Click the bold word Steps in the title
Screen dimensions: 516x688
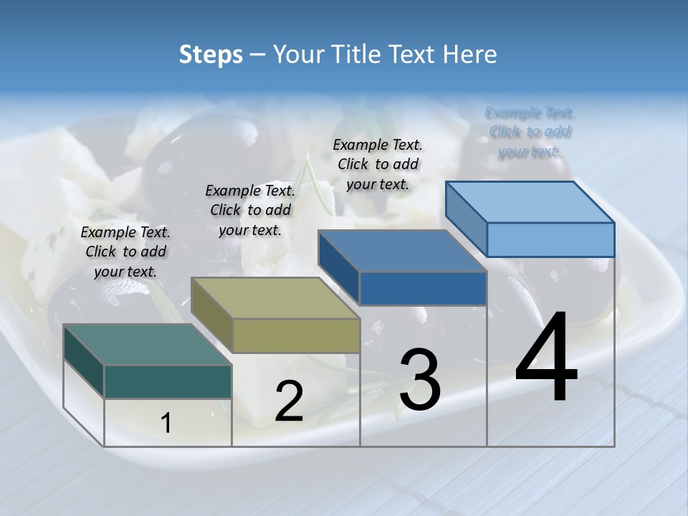click(211, 54)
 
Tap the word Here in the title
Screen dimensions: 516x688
click(470, 54)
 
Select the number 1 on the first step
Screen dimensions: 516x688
click(166, 424)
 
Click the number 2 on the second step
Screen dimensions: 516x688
click(289, 402)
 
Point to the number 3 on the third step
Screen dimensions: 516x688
click(420, 380)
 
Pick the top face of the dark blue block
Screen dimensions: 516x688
click(402, 251)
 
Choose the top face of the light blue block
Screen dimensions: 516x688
click(530, 202)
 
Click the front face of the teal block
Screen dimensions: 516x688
click(168, 381)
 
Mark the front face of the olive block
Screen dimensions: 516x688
click(296, 335)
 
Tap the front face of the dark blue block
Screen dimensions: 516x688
click(423, 288)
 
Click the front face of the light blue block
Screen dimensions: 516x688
click(550, 239)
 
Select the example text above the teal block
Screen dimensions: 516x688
click(125, 252)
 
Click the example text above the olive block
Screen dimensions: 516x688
click(250, 211)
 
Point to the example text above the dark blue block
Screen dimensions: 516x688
click(378, 165)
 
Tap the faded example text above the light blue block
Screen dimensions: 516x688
click(530, 132)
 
